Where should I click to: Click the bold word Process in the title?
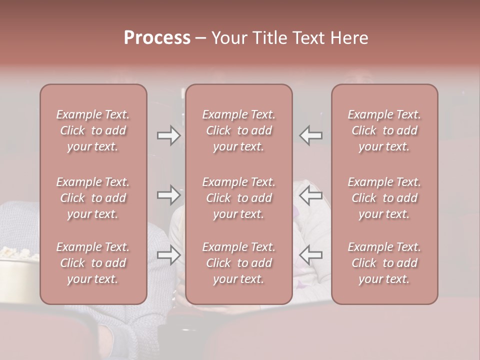tap(157, 38)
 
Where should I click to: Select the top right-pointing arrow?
tap(168, 135)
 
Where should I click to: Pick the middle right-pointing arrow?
tap(168, 195)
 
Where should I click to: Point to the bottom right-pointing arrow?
tap(168, 255)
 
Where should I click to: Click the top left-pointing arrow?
tap(311, 135)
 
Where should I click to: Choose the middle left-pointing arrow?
tap(311, 195)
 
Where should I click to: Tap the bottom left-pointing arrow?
tap(311, 255)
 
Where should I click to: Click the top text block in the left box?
tap(93, 130)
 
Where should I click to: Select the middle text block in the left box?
tap(93, 198)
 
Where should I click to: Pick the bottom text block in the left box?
tap(93, 263)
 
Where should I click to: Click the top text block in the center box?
tap(239, 130)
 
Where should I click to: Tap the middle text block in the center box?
tap(239, 198)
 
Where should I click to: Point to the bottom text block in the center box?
tap(239, 263)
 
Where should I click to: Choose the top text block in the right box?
tap(384, 130)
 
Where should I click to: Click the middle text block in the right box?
tap(384, 198)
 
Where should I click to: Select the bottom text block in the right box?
tap(384, 263)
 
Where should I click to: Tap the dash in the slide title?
tap(201, 38)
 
